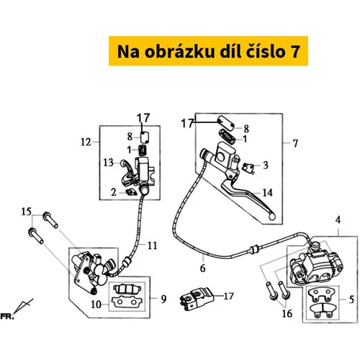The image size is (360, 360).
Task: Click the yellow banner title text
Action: (208, 51)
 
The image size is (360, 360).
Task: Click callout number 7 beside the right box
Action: (295, 143)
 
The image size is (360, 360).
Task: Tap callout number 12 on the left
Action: (86, 142)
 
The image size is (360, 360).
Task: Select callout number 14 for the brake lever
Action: (267, 193)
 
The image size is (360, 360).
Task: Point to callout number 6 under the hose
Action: (203, 268)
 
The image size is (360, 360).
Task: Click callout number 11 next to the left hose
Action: (152, 246)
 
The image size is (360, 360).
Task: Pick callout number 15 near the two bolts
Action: (26, 212)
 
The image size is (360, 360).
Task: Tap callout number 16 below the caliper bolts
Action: (287, 313)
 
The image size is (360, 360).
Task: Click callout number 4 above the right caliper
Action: (338, 220)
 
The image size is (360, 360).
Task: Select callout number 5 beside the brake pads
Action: (351, 300)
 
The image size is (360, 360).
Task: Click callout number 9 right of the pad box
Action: (163, 299)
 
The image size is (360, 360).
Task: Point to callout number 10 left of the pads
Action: (96, 305)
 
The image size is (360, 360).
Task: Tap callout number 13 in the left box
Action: (108, 163)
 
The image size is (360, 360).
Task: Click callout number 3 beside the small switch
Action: (265, 165)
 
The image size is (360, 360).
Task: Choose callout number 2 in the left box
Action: (114, 192)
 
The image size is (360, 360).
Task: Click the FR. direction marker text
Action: (7, 316)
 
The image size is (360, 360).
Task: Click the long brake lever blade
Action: (250, 199)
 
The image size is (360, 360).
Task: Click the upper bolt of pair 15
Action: (50, 220)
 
